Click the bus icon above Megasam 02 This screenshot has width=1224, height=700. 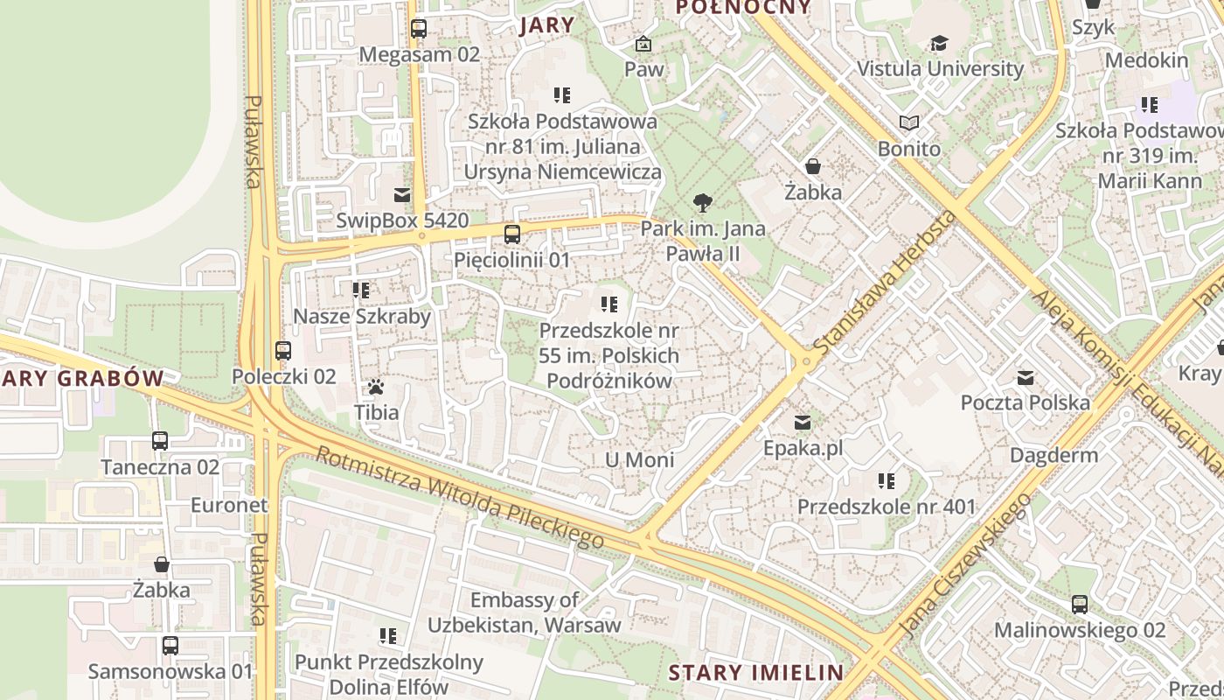(x=419, y=29)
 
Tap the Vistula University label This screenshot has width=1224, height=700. (x=940, y=68)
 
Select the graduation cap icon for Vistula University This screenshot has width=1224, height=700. (x=939, y=43)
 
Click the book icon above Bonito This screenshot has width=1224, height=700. (x=909, y=123)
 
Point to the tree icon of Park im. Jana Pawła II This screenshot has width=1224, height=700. (x=702, y=204)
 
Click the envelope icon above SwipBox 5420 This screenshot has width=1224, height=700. (x=402, y=195)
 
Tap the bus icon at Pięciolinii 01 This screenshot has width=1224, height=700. (x=512, y=234)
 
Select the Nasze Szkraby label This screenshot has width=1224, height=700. (x=362, y=316)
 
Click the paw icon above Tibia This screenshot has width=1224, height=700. (x=376, y=386)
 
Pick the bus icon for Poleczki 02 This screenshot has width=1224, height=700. (x=283, y=351)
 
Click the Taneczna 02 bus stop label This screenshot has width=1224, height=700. (x=160, y=466)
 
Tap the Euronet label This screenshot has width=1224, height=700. (x=229, y=505)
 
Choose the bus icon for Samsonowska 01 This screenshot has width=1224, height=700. (x=170, y=646)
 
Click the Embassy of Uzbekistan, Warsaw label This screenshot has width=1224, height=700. (x=524, y=612)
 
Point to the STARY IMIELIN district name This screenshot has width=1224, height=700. (x=756, y=673)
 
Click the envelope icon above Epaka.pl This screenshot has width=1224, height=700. (x=803, y=423)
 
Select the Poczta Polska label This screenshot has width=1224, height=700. (x=1025, y=402)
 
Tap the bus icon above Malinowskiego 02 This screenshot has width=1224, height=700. (x=1080, y=605)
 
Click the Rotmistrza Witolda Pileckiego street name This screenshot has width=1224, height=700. (x=459, y=498)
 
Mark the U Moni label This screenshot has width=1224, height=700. (x=639, y=460)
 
